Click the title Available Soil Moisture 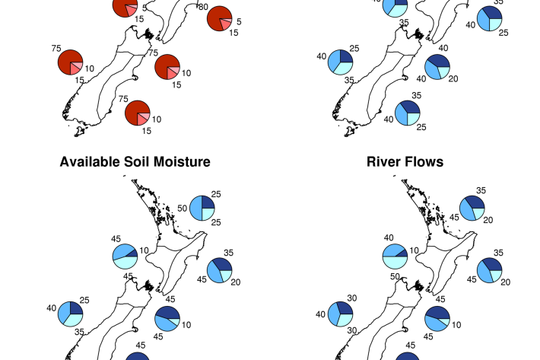point(135,162)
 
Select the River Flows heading point(405,162)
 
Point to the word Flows point(426,162)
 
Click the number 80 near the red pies point(203,7)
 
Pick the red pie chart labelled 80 point(219,18)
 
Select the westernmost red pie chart point(70,62)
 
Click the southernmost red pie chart point(137,113)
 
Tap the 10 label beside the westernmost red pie point(90,68)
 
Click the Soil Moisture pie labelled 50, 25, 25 point(202,208)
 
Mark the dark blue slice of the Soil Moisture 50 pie point(208,202)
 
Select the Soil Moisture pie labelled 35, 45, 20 point(221,270)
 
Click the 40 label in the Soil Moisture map point(51,308)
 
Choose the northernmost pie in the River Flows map point(472,208)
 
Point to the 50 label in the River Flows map point(395,275)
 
